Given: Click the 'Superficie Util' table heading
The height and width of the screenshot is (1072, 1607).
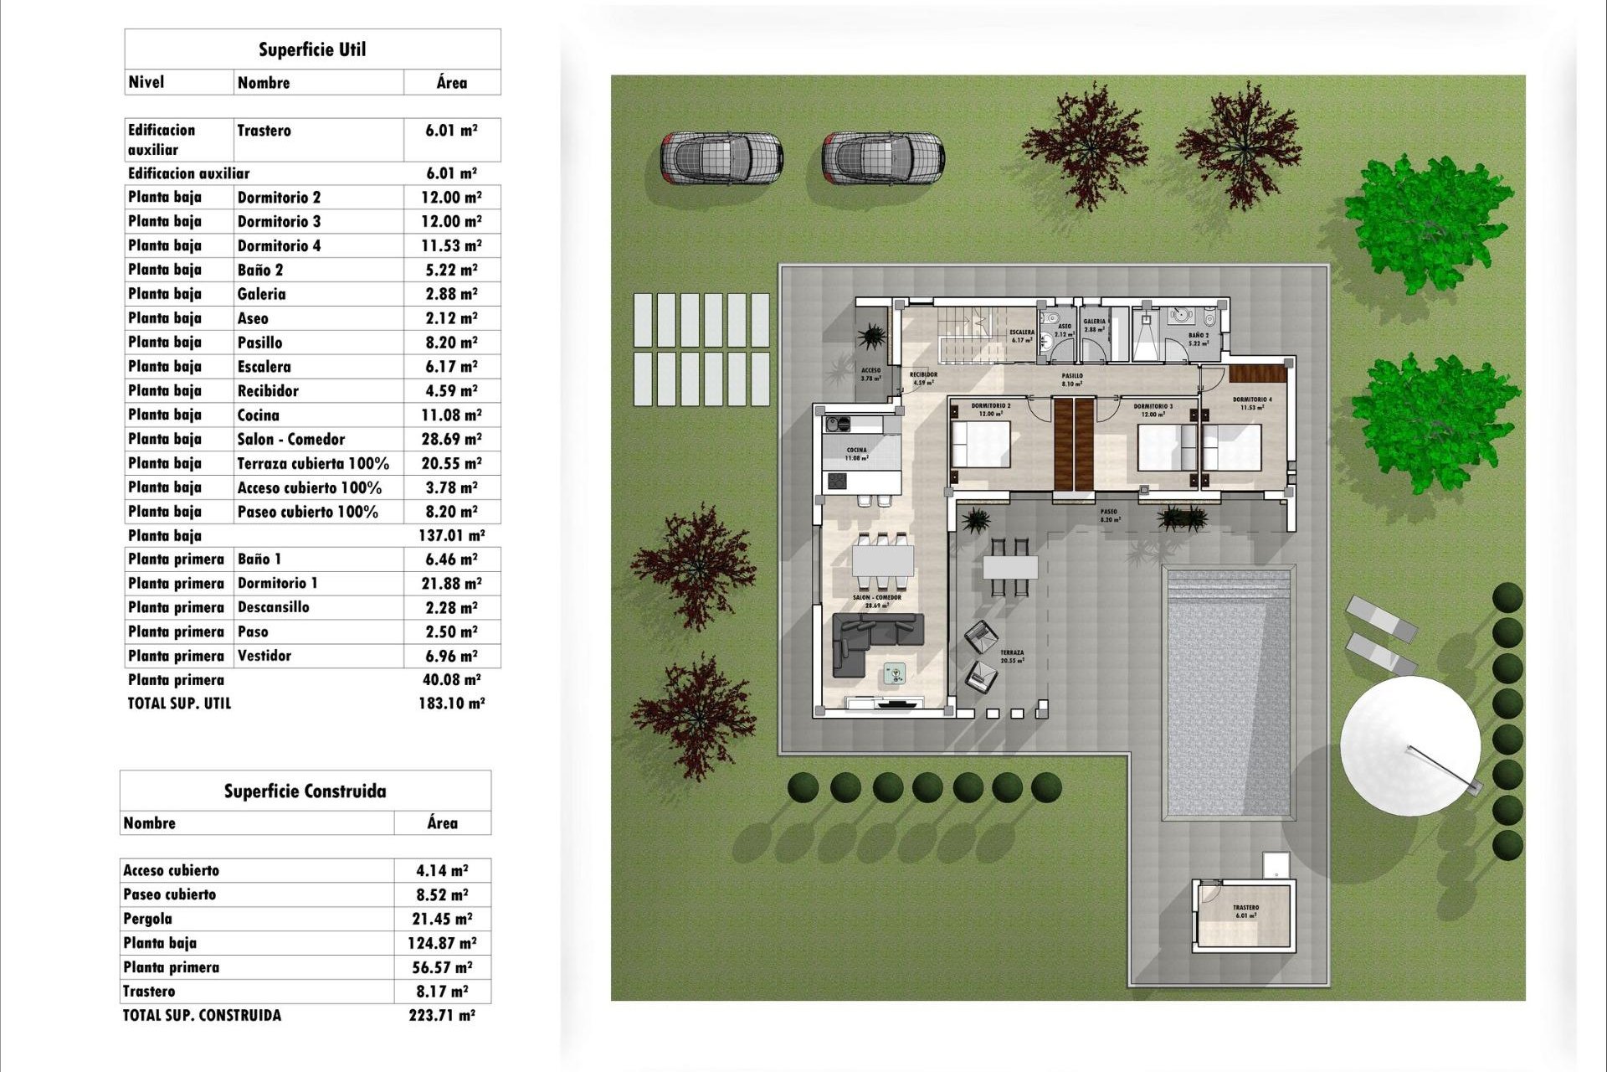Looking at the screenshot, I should coord(312,49).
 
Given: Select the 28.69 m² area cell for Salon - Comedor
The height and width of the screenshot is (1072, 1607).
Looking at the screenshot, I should coord(451,439).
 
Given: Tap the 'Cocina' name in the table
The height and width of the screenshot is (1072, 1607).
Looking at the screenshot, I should coord(258,415).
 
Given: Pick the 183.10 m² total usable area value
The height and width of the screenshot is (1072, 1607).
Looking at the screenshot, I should coord(451,703).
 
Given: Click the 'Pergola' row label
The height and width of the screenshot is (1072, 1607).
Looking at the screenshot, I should coord(148,919).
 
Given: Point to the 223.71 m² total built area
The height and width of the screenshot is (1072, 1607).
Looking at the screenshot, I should coord(441,1015).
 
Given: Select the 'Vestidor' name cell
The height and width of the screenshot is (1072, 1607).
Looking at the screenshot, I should coord(264,656).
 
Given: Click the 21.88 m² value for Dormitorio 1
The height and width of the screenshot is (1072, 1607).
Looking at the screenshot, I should coord(451,584).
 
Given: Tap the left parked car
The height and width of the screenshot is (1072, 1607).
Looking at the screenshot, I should coord(721,157).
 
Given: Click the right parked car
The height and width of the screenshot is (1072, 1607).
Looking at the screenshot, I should coord(882,157).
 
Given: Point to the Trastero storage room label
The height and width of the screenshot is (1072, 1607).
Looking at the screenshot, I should coord(1245,910).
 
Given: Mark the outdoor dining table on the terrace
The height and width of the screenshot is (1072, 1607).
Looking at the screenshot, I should coord(1010,567).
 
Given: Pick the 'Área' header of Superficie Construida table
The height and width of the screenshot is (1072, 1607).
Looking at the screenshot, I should coord(442,823).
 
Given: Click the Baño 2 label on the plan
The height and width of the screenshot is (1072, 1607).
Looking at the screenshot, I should coord(1198,339).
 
